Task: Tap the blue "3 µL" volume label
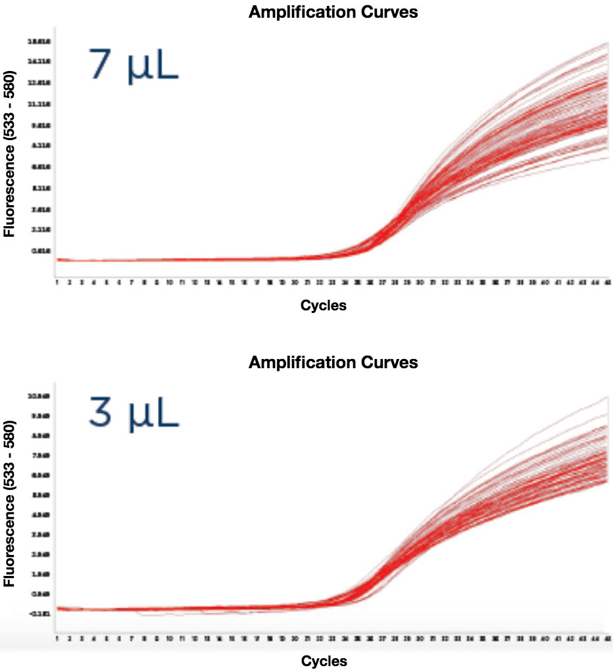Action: (134, 416)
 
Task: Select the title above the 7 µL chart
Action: (333, 12)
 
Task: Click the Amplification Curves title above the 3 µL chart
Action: (333, 362)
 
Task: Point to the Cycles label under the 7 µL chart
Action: (323, 305)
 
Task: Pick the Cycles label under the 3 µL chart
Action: (323, 660)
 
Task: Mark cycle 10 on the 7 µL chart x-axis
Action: (170, 282)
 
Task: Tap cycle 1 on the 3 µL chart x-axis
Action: (57, 638)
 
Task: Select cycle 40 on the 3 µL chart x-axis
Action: (545, 638)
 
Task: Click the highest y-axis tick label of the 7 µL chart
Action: (36, 41)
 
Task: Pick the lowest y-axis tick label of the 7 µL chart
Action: (36, 251)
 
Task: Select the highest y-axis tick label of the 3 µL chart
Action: (36, 396)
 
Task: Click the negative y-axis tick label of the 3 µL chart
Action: (36, 614)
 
